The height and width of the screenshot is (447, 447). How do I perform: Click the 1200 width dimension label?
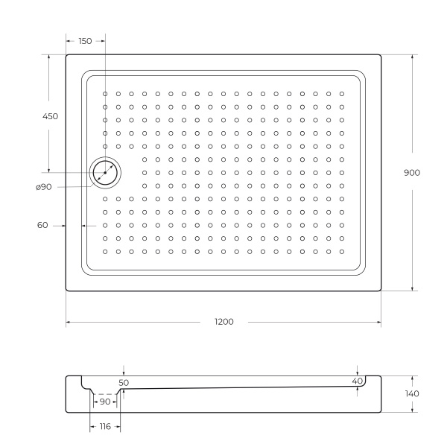(224, 322)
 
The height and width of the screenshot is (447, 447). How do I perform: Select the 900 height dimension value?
(412, 172)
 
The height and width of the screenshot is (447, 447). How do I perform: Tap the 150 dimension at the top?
(85, 41)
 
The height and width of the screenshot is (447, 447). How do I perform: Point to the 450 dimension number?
(50, 116)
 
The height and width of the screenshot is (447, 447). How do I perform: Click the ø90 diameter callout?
(43, 187)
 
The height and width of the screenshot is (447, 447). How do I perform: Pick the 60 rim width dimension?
(42, 225)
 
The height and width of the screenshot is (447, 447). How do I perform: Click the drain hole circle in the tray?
(105, 173)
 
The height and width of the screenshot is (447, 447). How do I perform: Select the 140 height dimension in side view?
(412, 393)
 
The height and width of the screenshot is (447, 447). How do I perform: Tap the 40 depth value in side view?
(357, 381)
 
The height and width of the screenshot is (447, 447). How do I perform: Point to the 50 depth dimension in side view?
(124, 382)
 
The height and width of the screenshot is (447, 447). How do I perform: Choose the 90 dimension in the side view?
(104, 402)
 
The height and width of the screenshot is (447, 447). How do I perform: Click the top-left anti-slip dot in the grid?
(106, 94)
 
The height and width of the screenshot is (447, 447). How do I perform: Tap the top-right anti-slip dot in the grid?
(341, 94)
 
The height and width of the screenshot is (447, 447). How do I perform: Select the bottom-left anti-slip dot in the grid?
(106, 251)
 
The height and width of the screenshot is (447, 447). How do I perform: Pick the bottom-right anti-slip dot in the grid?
(341, 251)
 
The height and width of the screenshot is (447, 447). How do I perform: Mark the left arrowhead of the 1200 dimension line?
(69, 322)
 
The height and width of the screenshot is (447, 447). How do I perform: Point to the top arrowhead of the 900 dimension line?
(412, 57)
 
